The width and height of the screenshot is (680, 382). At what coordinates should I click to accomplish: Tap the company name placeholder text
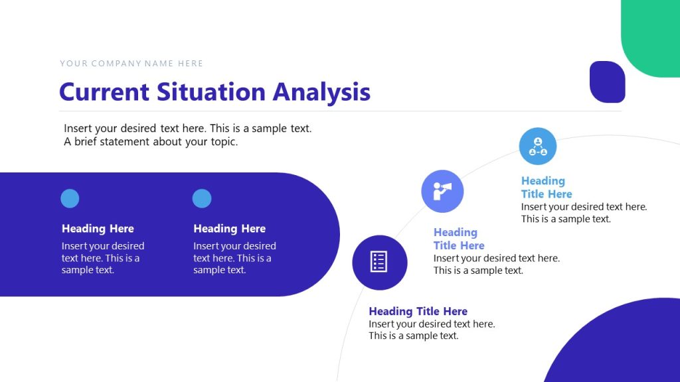(131, 64)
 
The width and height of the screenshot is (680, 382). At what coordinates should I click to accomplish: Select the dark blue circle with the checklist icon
(379, 262)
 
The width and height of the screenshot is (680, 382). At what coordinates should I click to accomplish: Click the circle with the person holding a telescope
(442, 191)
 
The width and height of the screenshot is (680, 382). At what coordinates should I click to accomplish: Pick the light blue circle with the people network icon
(538, 147)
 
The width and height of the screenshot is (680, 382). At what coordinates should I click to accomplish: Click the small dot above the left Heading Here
(70, 198)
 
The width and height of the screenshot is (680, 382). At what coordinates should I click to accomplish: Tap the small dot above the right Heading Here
(202, 198)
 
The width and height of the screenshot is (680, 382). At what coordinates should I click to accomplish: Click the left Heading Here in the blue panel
(98, 229)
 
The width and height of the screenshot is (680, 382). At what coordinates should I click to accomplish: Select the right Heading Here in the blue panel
(229, 229)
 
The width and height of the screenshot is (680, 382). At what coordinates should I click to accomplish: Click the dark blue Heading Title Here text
(418, 311)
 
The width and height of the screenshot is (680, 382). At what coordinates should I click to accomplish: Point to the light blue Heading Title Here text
(545, 187)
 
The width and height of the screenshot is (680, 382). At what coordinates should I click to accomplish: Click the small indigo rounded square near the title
(607, 82)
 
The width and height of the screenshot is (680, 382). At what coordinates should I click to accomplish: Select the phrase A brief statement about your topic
(151, 141)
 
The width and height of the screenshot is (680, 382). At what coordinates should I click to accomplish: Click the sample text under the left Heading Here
(102, 258)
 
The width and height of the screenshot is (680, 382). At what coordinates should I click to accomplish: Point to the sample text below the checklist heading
(432, 330)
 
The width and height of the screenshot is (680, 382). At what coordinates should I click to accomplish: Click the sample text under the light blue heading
(584, 213)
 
